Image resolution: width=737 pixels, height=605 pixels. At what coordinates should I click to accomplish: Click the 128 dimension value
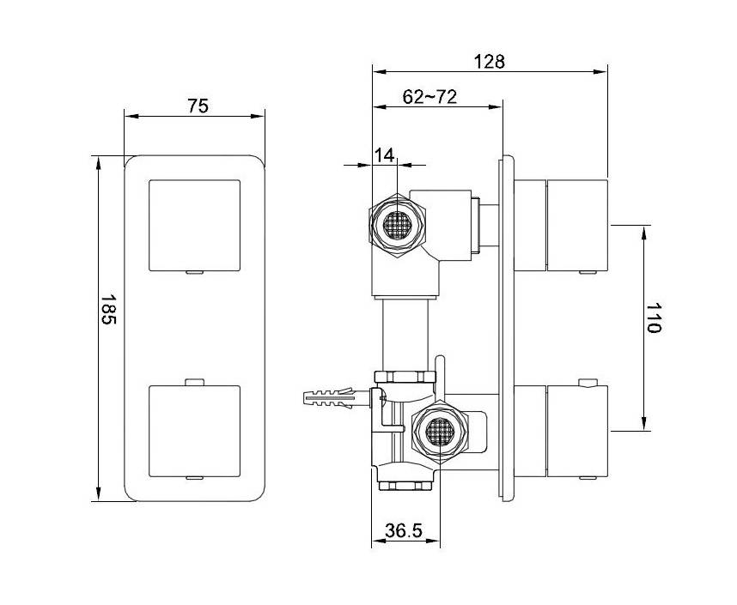(x=489, y=62)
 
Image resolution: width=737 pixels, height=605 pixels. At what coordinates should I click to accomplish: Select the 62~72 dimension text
(x=429, y=97)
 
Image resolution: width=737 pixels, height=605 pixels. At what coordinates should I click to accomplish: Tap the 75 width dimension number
(x=198, y=106)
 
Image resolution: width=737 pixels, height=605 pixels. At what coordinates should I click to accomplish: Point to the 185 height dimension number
(x=108, y=310)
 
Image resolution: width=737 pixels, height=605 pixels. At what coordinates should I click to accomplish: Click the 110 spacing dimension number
(x=653, y=318)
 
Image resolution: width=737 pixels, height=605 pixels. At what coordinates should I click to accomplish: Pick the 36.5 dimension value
(x=404, y=531)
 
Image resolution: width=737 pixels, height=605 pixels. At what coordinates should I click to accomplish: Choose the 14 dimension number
(x=385, y=154)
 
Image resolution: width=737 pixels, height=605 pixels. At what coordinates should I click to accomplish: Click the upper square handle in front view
(x=195, y=226)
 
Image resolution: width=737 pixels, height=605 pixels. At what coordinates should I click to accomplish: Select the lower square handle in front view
(x=195, y=431)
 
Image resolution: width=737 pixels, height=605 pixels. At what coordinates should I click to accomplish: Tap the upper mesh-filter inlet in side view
(x=398, y=225)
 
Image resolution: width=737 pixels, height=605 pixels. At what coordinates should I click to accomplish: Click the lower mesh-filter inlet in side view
(x=440, y=431)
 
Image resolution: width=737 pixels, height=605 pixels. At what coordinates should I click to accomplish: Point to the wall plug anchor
(x=328, y=399)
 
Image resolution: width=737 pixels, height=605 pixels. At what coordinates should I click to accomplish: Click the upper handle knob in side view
(x=578, y=225)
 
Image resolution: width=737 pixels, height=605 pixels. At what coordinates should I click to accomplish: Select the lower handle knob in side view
(x=578, y=431)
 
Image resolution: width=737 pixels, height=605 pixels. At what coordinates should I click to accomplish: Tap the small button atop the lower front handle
(x=195, y=382)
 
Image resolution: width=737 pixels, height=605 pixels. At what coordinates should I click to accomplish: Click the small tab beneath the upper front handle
(x=195, y=272)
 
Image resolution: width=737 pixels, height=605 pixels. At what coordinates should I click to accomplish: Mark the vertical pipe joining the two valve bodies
(x=405, y=335)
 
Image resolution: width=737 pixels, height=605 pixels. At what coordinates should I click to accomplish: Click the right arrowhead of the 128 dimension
(x=600, y=72)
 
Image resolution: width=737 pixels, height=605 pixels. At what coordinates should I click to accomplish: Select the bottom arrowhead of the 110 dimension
(x=645, y=423)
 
